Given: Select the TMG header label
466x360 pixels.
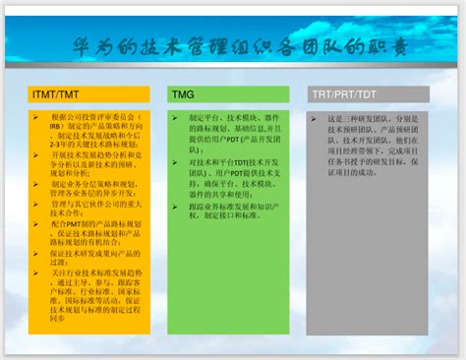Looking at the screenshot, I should [x=183, y=93].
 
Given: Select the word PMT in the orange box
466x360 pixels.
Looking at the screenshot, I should [x=73, y=222].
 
